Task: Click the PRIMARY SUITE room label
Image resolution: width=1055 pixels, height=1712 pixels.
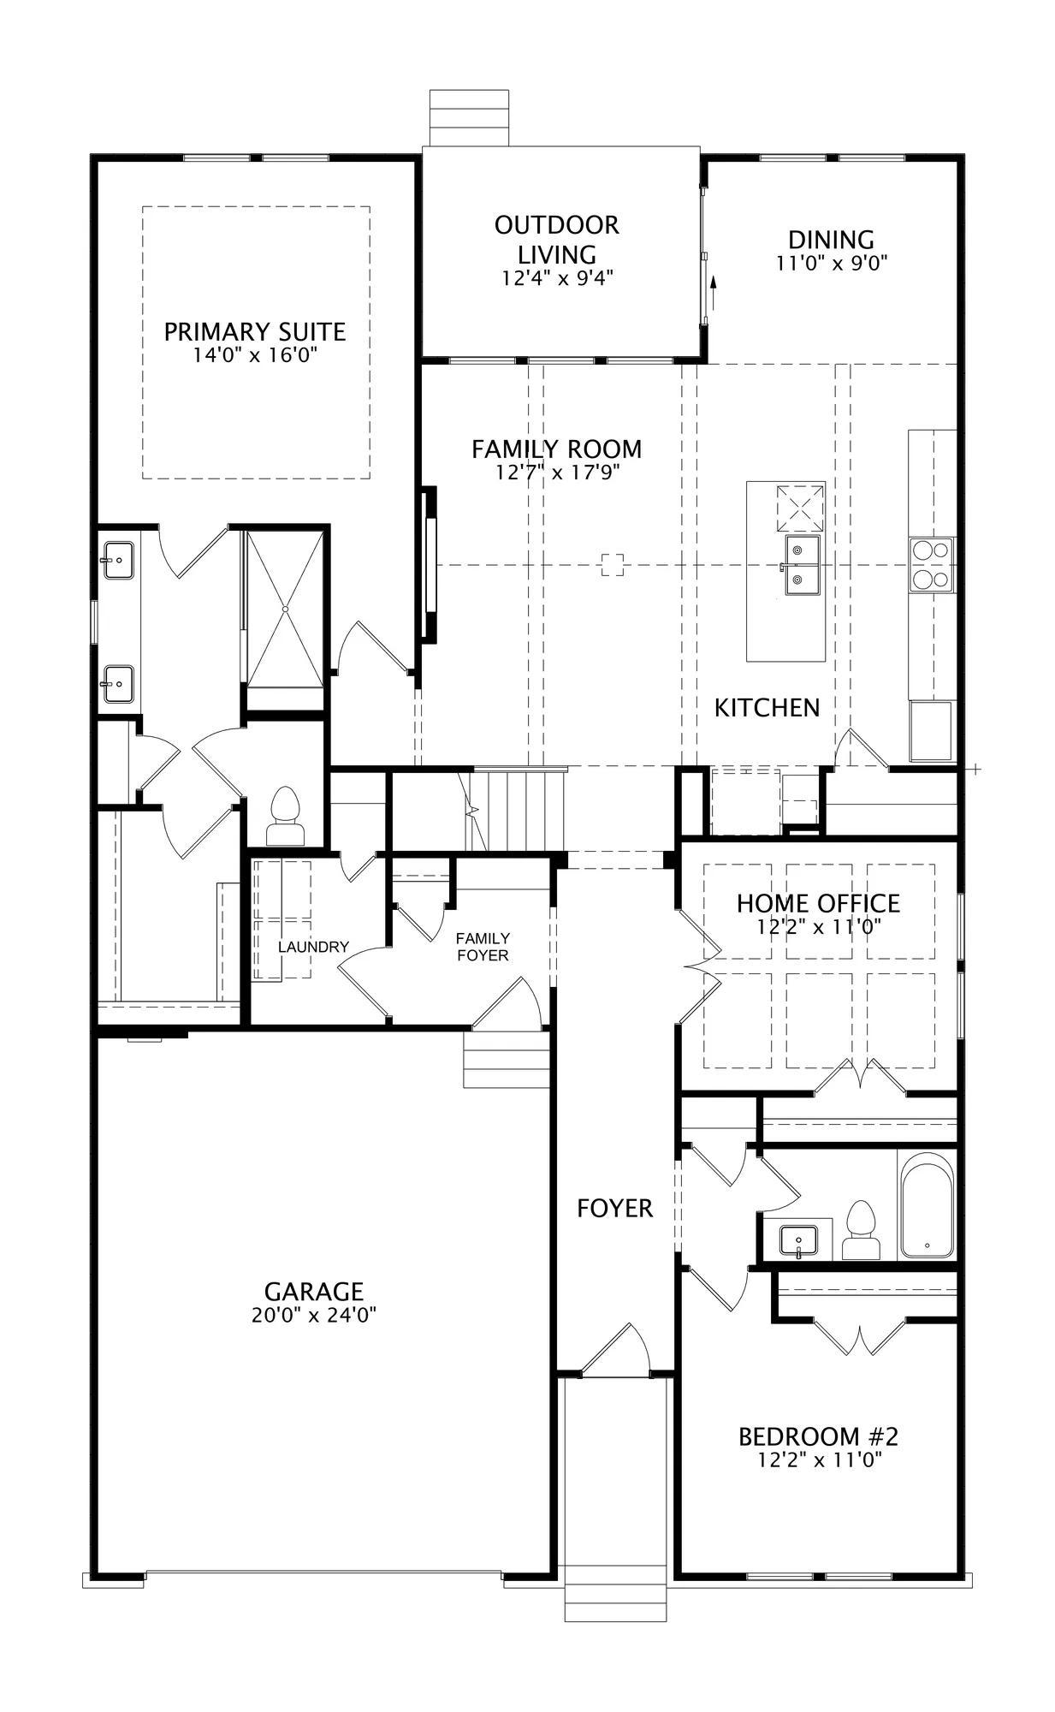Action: point(255,331)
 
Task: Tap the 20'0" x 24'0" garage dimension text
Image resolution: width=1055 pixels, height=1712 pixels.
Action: point(314,1315)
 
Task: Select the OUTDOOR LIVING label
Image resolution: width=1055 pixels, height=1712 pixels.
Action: point(557,240)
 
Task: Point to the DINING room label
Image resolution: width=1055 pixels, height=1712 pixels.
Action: point(832,240)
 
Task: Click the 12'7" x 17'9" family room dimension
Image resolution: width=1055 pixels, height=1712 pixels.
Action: point(557,472)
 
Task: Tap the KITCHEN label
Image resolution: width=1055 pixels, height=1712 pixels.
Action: point(768,708)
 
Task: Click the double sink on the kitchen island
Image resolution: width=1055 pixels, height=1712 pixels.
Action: point(803,565)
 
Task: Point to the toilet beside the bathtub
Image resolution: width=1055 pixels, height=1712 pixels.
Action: point(860,1231)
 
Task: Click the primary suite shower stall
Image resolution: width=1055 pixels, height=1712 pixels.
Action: point(286,609)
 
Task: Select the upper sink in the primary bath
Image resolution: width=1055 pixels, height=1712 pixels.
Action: point(118,562)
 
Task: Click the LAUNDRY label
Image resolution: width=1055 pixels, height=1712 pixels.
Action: point(313,947)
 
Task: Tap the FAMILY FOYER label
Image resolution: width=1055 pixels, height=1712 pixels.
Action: point(483,947)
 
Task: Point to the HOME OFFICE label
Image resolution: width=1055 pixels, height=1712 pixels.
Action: point(818,903)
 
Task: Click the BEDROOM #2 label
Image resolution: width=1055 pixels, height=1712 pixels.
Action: point(818,1436)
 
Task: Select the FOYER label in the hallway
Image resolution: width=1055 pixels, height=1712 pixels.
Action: point(614,1208)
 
